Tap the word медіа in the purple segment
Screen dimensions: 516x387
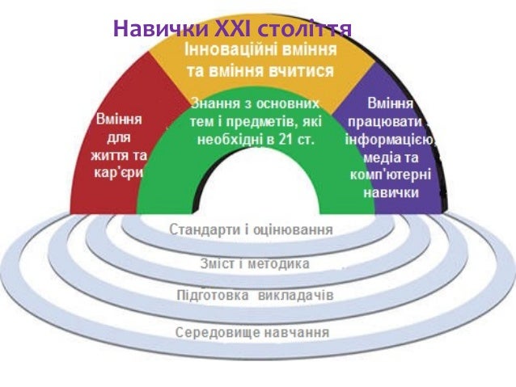pyautogui.click(x=374, y=158)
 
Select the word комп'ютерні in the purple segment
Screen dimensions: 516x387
pyautogui.click(x=391, y=175)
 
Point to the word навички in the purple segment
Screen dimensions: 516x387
pyautogui.click(x=391, y=193)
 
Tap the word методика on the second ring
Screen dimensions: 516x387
pyautogui.click(x=278, y=263)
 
